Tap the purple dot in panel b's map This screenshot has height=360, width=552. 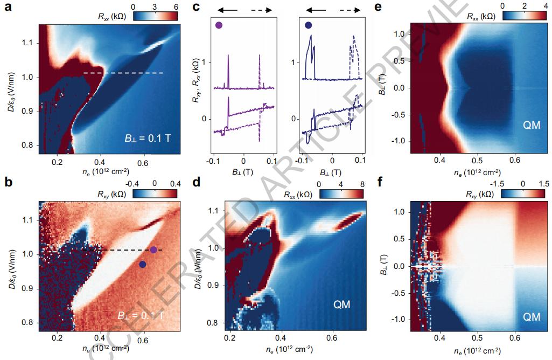point(154,250)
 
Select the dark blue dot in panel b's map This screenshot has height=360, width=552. point(142,264)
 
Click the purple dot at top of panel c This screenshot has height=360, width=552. point(219,25)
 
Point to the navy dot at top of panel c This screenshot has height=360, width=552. point(308,25)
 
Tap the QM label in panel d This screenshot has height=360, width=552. point(340,305)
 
